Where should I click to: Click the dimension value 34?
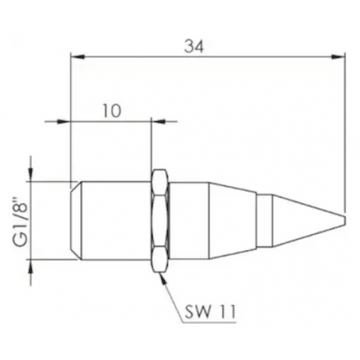[x=194, y=46]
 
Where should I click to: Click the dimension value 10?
[x=111, y=111]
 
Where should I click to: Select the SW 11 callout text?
[x=210, y=312]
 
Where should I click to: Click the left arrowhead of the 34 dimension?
[x=78, y=56]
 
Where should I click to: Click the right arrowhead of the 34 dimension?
[x=338, y=56]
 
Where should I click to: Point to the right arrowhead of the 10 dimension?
[x=159, y=121]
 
